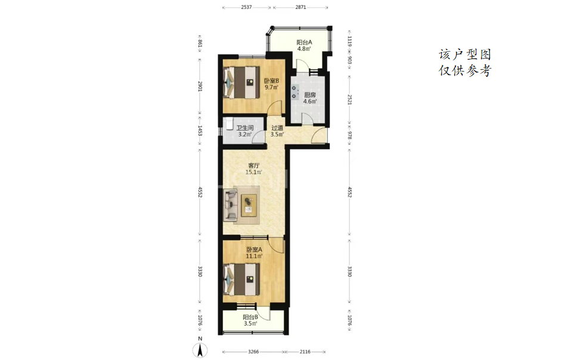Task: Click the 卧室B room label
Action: (x=271, y=81)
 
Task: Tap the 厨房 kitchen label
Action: (x=310, y=95)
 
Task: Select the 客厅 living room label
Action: (x=253, y=165)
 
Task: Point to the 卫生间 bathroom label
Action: (x=244, y=128)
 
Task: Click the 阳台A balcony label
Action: (x=304, y=42)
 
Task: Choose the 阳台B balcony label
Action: (x=250, y=317)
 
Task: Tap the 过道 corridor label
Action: (x=277, y=128)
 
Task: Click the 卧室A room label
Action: (x=254, y=249)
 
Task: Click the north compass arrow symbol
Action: (x=200, y=350)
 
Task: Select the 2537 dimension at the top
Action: (x=246, y=7)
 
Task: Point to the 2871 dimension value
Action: (x=300, y=7)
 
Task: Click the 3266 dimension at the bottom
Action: (x=253, y=352)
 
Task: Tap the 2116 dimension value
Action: (x=305, y=352)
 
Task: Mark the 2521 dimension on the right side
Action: (x=349, y=100)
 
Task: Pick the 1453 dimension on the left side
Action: (x=200, y=131)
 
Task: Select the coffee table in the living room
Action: (x=249, y=206)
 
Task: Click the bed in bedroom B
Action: (x=241, y=83)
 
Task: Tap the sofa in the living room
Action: (x=231, y=206)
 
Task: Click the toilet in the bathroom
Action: (x=228, y=123)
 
